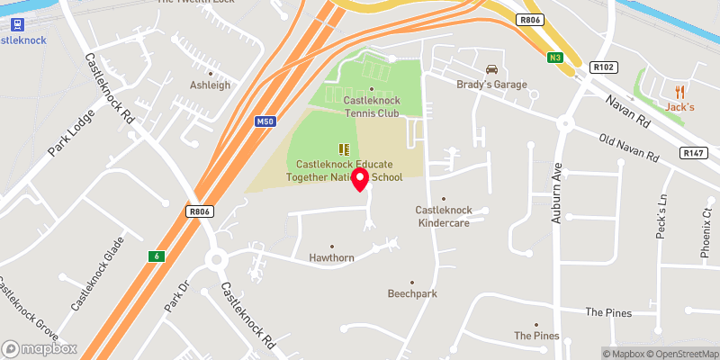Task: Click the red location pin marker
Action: point(361,179)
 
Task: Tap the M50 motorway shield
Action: point(264,121)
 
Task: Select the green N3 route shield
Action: point(556,58)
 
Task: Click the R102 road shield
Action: point(602,67)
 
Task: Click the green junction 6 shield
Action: point(157,256)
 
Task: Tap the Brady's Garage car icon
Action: point(491,69)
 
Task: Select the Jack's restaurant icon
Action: point(679,91)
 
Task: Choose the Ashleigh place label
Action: point(210,85)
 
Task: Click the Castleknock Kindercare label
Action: point(443,216)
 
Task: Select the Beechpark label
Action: point(412,293)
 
